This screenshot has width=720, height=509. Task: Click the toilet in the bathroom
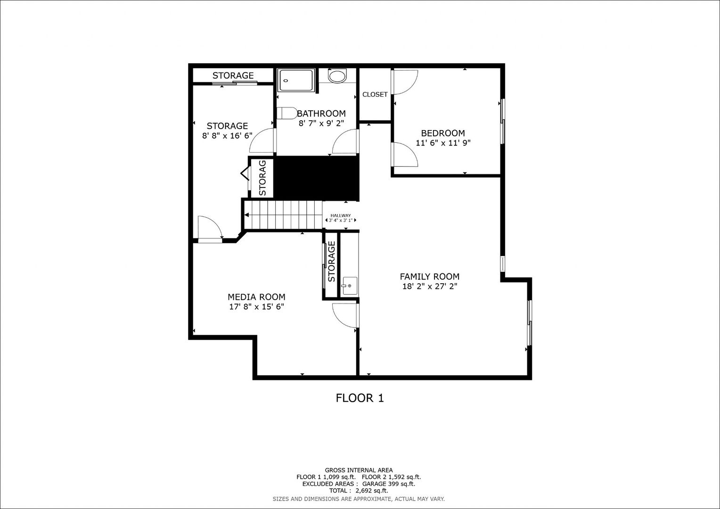pyautogui.click(x=287, y=113)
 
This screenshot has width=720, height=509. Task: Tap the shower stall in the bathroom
pyautogui.click(x=296, y=80)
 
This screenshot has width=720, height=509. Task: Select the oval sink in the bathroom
pyautogui.click(x=337, y=76)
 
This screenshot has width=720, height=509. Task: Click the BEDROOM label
pyautogui.click(x=443, y=133)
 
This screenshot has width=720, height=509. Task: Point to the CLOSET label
pyautogui.click(x=375, y=95)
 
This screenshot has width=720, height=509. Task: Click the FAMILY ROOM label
pyautogui.click(x=429, y=277)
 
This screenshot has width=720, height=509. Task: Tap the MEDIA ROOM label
pyautogui.click(x=256, y=297)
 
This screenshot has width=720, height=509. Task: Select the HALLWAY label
pyautogui.click(x=341, y=215)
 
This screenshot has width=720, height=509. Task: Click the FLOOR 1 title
pyautogui.click(x=360, y=398)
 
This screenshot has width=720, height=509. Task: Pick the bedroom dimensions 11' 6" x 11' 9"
pyautogui.click(x=443, y=143)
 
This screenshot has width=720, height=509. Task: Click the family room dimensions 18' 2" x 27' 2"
pyautogui.click(x=430, y=286)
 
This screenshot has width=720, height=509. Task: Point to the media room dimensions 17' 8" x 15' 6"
pyautogui.click(x=256, y=307)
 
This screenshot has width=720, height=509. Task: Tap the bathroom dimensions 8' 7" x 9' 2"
pyautogui.click(x=321, y=123)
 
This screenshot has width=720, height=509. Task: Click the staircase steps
pyautogui.click(x=283, y=215)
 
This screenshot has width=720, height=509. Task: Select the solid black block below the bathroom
pyautogui.click(x=316, y=178)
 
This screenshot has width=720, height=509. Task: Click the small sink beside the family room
pyautogui.click(x=349, y=286)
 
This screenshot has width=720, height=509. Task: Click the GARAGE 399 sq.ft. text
pyautogui.click(x=389, y=484)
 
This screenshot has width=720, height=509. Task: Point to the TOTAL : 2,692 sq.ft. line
pyautogui.click(x=359, y=491)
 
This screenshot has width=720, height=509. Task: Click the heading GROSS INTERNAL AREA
pyautogui.click(x=359, y=470)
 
